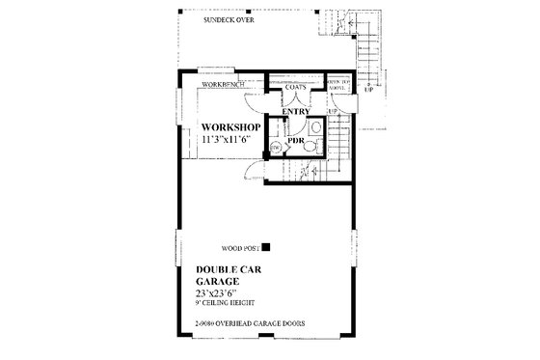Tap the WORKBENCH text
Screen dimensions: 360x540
tap(223, 86)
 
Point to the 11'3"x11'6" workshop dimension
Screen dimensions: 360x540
tap(229, 140)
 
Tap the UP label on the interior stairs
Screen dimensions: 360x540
tap(334, 112)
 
